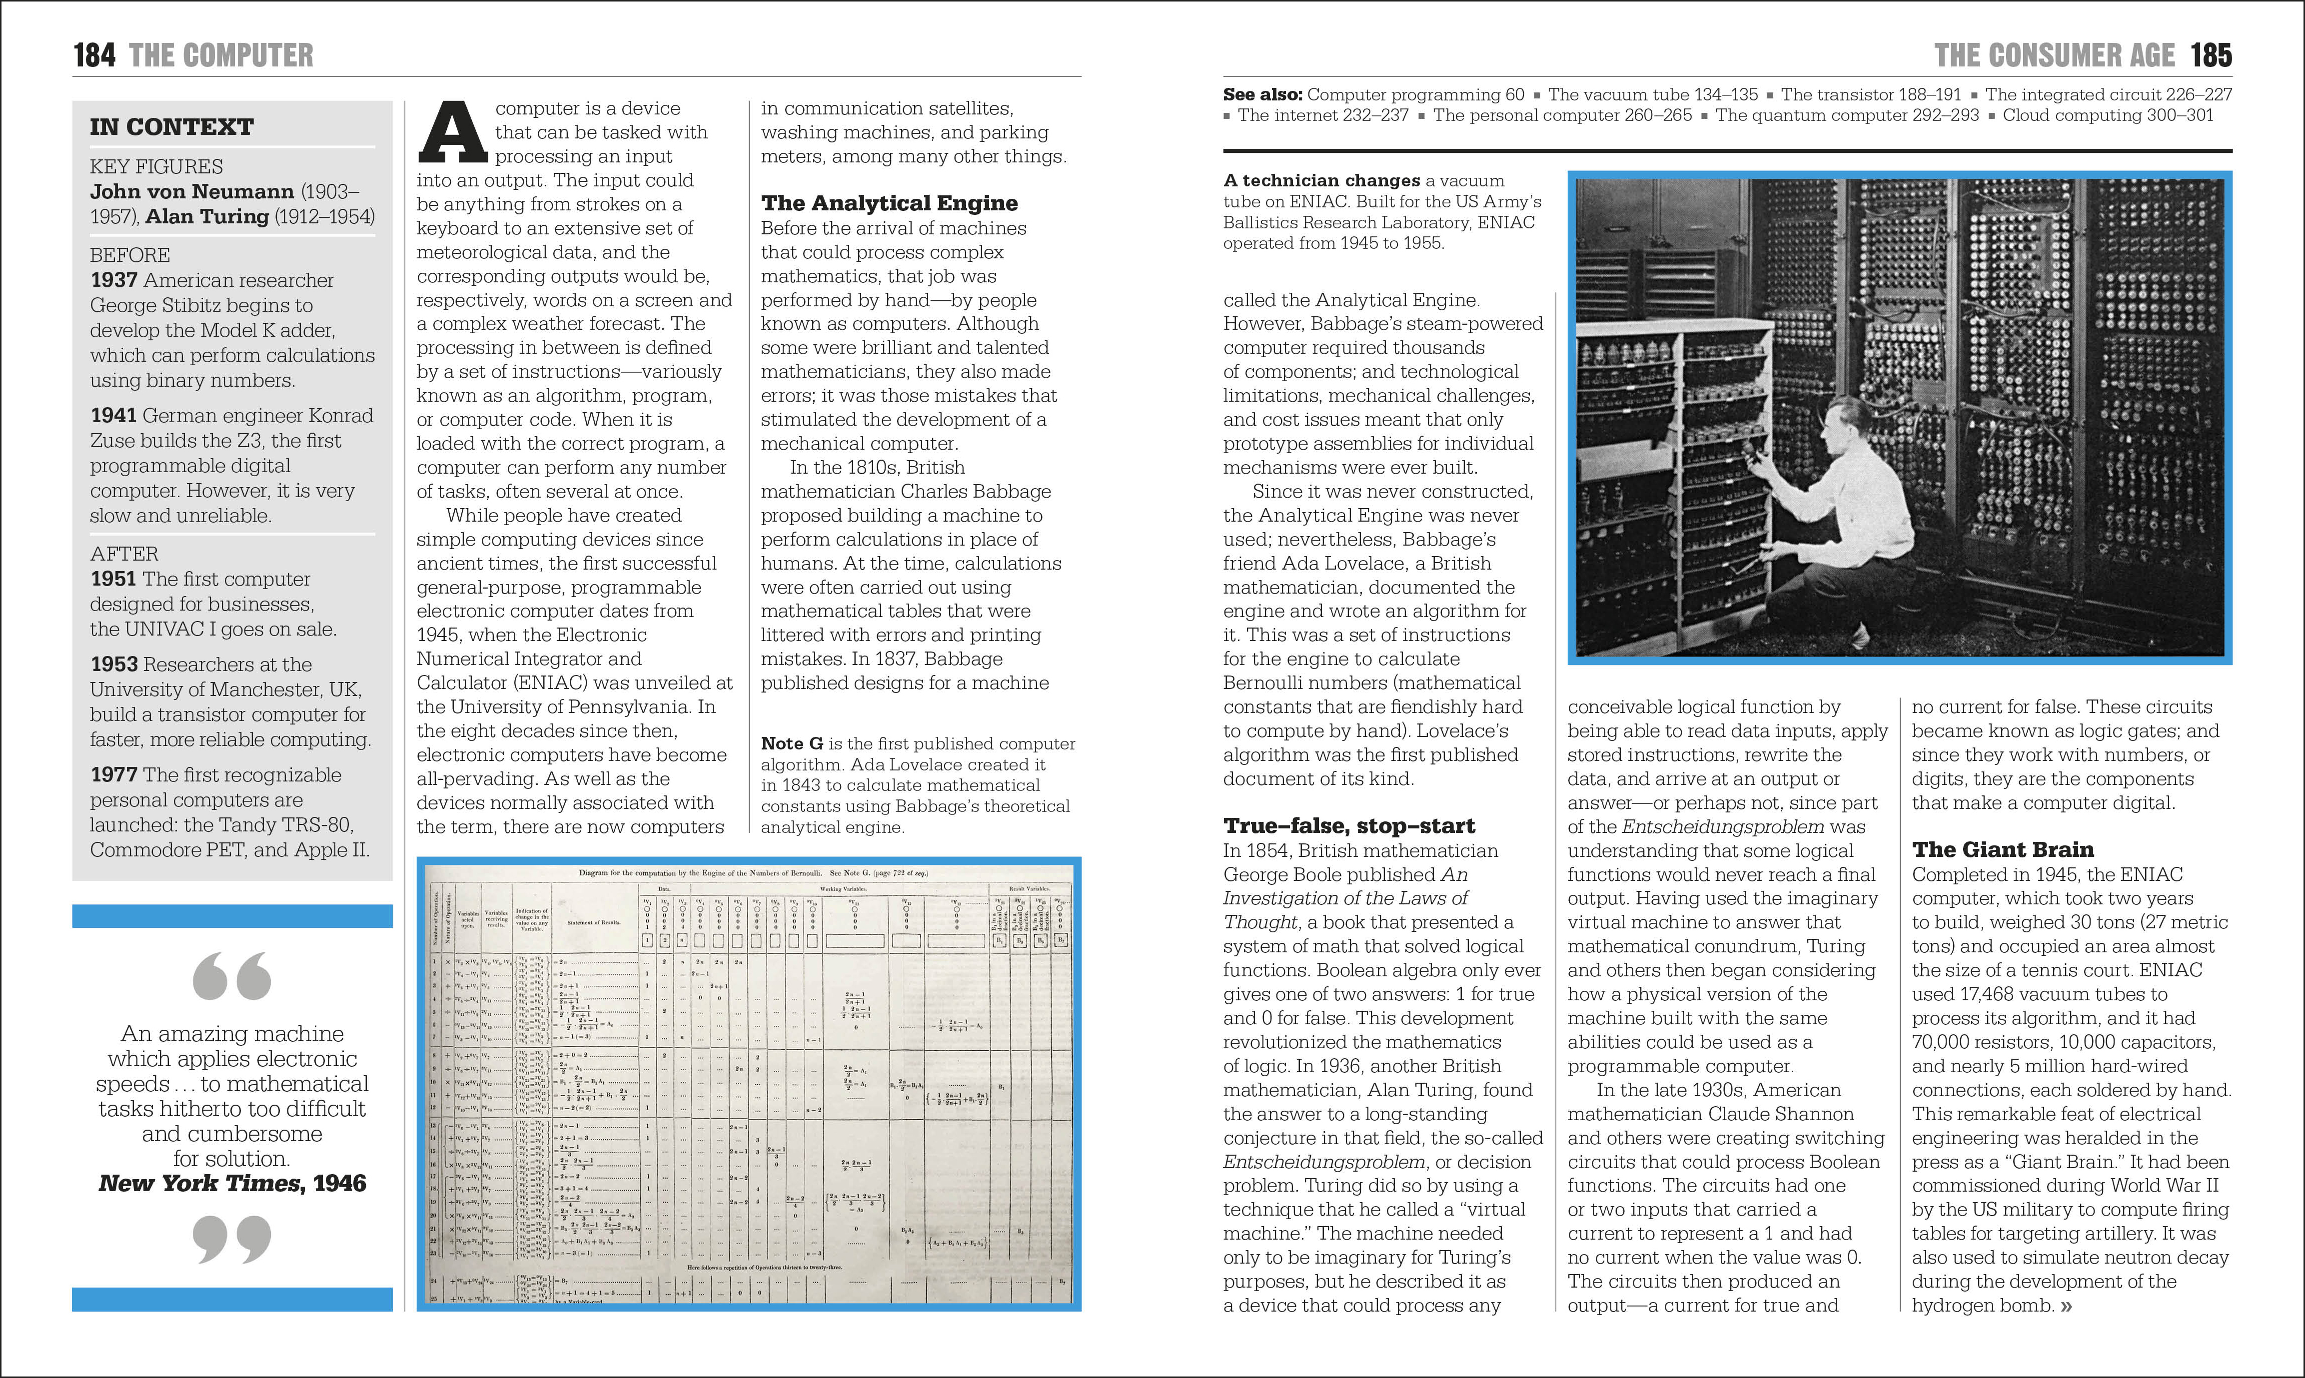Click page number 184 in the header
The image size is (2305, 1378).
(x=94, y=56)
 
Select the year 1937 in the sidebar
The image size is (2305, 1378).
(x=113, y=280)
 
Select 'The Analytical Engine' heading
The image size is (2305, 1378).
(x=889, y=203)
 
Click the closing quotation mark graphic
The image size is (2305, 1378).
(x=232, y=1240)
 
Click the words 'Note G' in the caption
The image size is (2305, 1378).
(x=791, y=744)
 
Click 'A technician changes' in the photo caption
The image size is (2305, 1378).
(x=1320, y=181)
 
